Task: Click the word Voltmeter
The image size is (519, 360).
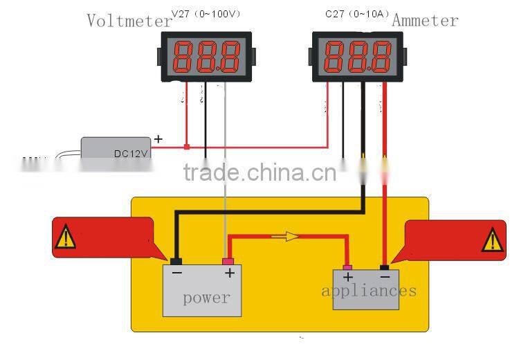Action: (129, 21)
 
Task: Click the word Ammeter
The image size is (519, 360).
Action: (425, 21)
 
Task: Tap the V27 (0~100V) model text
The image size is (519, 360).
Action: (206, 13)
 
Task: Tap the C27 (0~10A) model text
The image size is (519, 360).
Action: (358, 13)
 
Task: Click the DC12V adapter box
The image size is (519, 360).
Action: (116, 147)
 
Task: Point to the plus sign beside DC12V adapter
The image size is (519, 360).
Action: (158, 139)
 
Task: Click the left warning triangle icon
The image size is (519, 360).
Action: (66, 237)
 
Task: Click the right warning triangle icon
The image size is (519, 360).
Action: (493, 240)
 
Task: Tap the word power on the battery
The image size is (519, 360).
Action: (206, 298)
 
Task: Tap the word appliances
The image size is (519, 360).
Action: (369, 290)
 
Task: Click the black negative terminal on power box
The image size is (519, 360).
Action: (176, 261)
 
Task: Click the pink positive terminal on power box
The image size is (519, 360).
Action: (228, 261)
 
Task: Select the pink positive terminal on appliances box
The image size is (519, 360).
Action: (347, 267)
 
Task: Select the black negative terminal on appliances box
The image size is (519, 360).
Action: (385, 267)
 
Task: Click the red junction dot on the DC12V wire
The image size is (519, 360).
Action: (186, 147)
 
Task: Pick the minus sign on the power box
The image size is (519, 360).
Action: (177, 273)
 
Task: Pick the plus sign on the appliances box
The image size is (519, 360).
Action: (348, 278)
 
